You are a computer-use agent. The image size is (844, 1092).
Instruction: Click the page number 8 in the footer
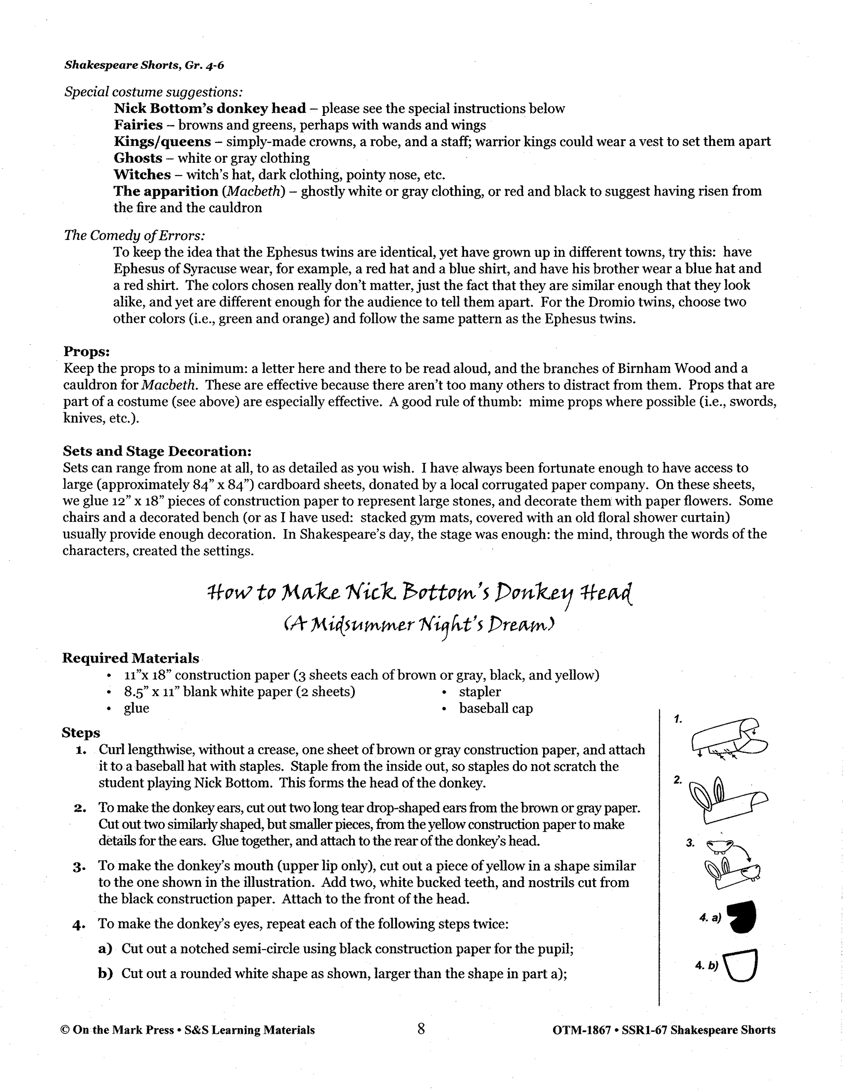tap(421, 1029)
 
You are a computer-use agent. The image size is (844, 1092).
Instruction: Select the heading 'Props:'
tap(87, 352)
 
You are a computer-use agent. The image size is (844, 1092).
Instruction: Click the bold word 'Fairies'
tap(138, 125)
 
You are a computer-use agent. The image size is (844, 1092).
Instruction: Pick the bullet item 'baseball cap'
tap(495, 708)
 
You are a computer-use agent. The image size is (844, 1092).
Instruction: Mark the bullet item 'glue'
tap(136, 708)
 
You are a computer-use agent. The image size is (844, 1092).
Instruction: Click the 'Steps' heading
tap(81, 733)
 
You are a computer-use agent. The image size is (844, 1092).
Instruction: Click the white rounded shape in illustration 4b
tap(741, 965)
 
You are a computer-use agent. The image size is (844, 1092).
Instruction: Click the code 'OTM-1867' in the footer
tap(581, 1030)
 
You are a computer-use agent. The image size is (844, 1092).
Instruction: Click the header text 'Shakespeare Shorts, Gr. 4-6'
tap(141, 66)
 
